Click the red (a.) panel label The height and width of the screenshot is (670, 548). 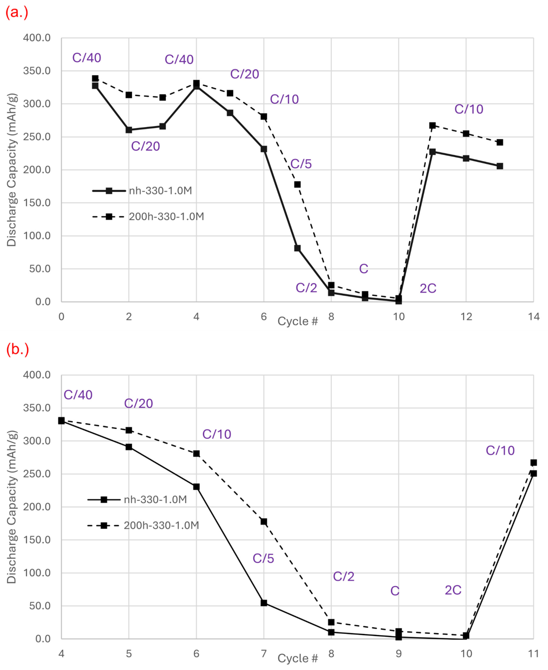point(17,13)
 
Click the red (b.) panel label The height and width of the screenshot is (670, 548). point(17,350)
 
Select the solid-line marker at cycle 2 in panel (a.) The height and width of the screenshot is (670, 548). point(129,130)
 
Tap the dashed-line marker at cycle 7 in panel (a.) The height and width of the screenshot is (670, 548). point(297,185)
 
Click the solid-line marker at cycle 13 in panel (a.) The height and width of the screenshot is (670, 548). point(500,166)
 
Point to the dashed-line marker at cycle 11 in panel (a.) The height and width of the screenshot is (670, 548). point(432,126)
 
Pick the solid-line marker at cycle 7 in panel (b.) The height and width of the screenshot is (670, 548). point(263,603)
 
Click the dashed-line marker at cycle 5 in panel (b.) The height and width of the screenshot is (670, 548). point(129,430)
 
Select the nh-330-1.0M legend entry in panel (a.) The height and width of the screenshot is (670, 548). point(142,191)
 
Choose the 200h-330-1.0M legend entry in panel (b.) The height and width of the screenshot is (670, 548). point(143,525)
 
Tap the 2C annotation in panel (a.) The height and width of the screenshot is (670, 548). point(428,289)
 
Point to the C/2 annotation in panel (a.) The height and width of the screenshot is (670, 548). point(306,288)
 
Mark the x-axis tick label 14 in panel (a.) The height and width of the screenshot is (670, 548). point(534,317)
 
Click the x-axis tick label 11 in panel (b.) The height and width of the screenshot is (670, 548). point(534,653)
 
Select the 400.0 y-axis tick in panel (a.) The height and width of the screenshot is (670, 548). point(37,38)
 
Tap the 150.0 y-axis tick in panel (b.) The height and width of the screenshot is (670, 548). point(37,540)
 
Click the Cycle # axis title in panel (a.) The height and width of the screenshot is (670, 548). point(297,321)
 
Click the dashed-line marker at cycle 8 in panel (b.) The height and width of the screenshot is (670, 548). point(331,622)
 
